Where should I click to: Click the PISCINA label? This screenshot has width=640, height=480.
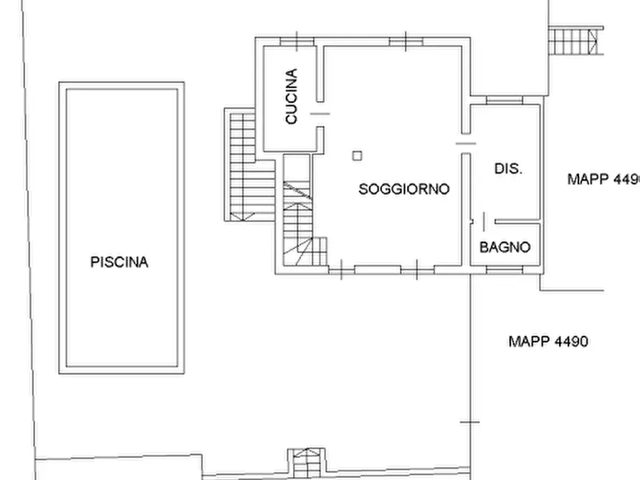point(119,262)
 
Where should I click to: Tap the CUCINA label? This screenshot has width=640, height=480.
point(292,96)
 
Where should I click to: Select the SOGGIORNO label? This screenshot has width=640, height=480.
point(404,189)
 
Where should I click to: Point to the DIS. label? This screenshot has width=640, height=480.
point(508,168)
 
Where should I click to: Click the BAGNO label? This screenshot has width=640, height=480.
point(505,247)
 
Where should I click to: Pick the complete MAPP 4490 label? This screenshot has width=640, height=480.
point(548,341)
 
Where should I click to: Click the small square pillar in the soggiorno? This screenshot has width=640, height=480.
point(357,155)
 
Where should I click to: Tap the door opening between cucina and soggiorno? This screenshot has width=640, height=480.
point(320,114)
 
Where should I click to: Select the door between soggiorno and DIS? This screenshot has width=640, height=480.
point(466,143)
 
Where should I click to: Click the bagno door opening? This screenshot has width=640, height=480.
point(484,221)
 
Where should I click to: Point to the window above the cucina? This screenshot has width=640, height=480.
point(297,42)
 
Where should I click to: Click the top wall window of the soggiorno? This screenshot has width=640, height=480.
point(406,42)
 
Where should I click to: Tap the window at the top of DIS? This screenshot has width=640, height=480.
point(505,100)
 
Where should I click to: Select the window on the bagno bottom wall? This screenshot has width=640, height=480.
point(505,269)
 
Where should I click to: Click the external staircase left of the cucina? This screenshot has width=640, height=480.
point(249,165)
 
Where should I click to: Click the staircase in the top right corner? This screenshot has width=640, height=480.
point(575,40)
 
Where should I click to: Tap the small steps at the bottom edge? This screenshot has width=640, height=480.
point(307,464)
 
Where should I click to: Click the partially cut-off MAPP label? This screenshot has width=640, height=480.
point(603,179)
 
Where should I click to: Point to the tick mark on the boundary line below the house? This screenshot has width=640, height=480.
point(470,422)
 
